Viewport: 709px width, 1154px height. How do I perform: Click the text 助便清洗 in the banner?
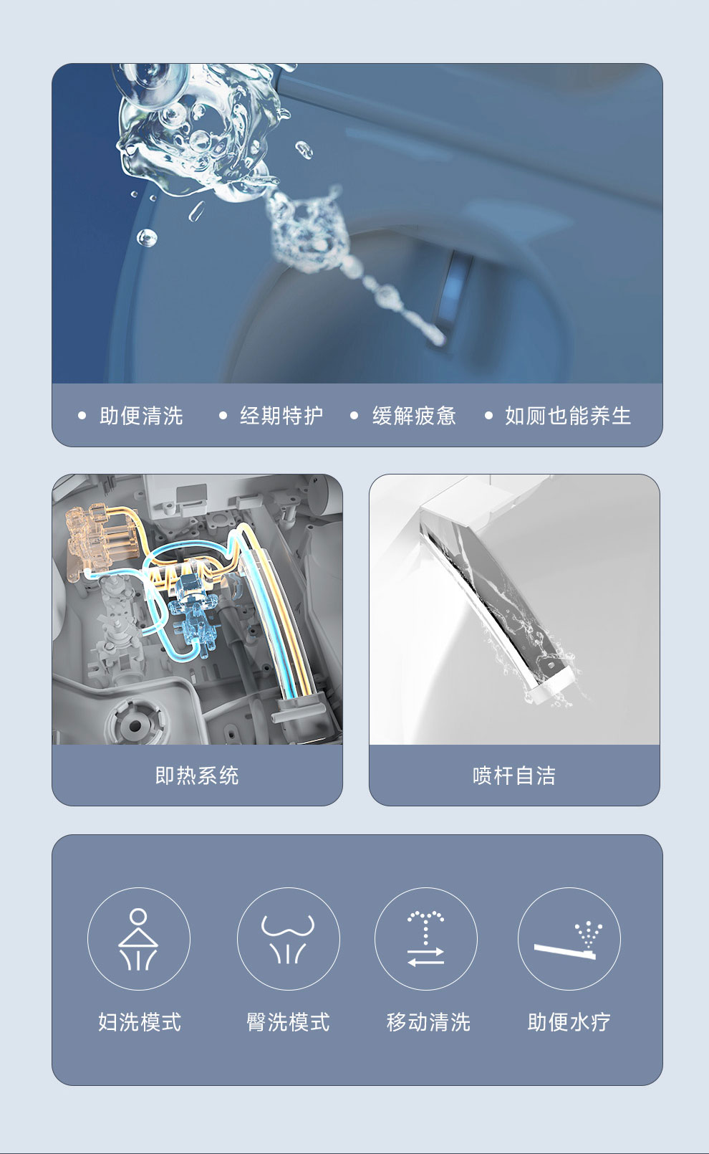141,416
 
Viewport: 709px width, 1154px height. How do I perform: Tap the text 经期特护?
281,416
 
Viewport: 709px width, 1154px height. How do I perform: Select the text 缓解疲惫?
414,416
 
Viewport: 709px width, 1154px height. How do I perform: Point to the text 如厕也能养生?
567,416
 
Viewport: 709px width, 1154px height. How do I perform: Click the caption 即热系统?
197,776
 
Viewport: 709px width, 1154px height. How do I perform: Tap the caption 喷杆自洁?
514,776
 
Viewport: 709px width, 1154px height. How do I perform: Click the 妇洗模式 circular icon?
138,939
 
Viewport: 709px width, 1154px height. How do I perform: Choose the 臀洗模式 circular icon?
289,939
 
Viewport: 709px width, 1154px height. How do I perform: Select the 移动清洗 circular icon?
426,939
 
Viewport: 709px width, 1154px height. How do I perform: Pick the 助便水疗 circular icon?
569,939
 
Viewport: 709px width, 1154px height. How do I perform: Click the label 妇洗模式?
140,1022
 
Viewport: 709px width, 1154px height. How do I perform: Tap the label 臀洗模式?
288,1022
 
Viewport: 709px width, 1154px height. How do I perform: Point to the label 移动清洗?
428,1022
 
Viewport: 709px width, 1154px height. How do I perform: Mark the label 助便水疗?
569,1022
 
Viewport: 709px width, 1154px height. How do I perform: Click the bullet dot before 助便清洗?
82,415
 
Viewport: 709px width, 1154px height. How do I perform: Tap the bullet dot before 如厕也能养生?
488,415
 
